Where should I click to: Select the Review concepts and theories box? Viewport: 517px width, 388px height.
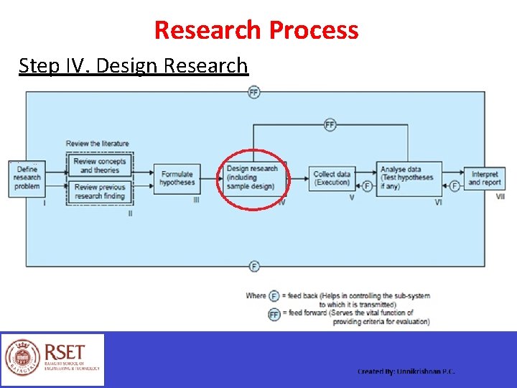click(99, 166)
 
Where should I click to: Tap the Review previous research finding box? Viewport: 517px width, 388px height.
click(99, 191)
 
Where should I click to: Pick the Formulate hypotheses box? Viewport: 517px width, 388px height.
click(177, 178)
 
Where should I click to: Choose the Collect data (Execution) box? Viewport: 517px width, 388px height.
click(332, 178)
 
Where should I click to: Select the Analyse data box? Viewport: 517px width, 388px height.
click(406, 177)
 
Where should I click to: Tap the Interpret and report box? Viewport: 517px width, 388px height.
click(485, 178)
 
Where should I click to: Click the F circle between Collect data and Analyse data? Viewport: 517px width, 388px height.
click(367, 186)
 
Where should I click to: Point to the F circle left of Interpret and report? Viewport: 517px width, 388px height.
click(455, 186)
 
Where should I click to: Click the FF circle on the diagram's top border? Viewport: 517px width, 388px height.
click(253, 92)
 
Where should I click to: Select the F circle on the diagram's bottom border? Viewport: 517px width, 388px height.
click(253, 267)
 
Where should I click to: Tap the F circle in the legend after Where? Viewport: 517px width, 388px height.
click(274, 296)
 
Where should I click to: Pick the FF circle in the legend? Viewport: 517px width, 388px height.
click(274, 314)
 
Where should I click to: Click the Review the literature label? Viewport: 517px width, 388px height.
click(98, 144)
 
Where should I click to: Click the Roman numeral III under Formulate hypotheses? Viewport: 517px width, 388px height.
click(197, 200)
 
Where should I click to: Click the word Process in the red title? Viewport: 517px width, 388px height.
click(313, 30)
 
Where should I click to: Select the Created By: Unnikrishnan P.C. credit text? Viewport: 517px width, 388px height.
click(406, 371)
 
